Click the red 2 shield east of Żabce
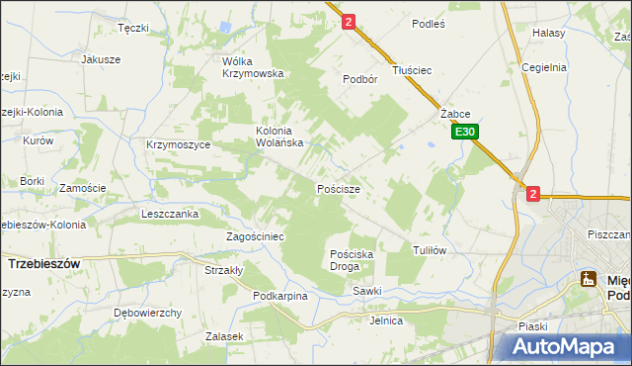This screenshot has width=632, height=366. tap(533, 195)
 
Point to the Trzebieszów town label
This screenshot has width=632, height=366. tap(43, 265)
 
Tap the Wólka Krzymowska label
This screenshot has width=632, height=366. tap(253, 66)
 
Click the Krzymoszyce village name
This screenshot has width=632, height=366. tap(178, 144)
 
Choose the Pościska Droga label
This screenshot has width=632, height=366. tap(352, 260)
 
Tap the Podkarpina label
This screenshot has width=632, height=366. tap(280, 296)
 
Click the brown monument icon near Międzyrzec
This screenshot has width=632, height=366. tap(589, 279)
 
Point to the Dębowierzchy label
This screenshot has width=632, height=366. tap(147, 313)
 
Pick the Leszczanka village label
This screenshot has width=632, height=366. tap(170, 214)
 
